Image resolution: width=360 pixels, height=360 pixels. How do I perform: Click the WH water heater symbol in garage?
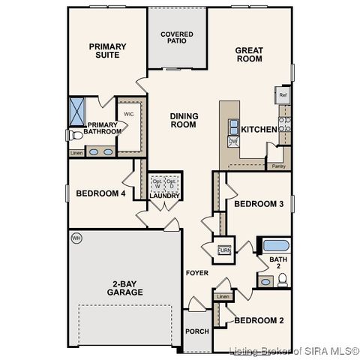click(76, 238)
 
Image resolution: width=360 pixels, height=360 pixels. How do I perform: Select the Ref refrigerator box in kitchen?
click(283, 95)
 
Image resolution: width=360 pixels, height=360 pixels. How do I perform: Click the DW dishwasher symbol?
click(233, 141)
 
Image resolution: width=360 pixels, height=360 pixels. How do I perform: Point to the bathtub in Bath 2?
click(276, 245)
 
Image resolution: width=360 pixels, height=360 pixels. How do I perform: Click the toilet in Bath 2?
click(282, 280)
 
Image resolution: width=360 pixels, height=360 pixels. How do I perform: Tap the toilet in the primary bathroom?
click(73, 136)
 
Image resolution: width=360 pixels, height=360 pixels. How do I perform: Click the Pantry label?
click(278, 166)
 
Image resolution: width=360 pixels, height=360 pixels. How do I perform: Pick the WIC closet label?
click(129, 115)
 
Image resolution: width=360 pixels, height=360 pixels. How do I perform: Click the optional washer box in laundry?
click(157, 184)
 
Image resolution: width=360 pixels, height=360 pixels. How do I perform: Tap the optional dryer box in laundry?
click(172, 184)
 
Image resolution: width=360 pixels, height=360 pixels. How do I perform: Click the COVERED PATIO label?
click(177, 38)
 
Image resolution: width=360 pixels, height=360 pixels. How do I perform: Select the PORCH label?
click(197, 331)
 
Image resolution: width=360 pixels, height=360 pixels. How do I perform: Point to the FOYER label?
click(197, 273)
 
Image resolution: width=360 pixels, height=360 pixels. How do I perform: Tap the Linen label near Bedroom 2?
click(222, 297)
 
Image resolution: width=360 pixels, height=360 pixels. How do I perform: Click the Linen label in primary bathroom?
click(76, 153)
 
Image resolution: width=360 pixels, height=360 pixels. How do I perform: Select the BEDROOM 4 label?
click(100, 193)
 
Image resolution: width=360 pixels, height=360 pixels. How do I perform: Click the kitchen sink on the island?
click(233, 126)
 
